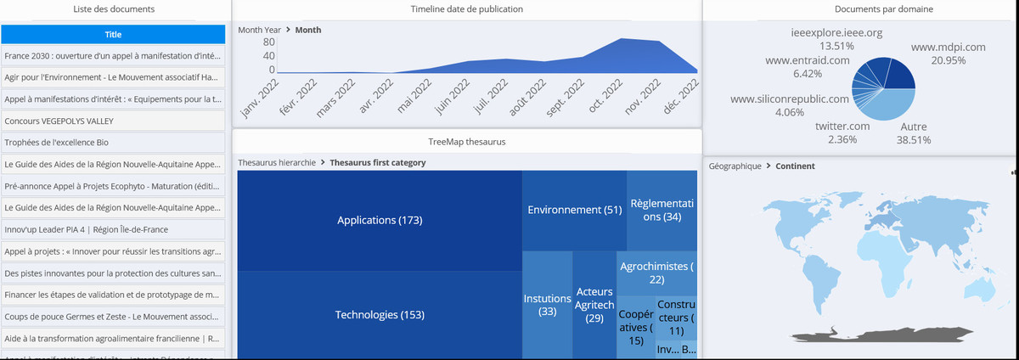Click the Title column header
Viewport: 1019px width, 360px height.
pyautogui.click(x=113, y=34)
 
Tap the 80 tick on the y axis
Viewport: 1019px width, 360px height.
pyautogui.click(x=268, y=42)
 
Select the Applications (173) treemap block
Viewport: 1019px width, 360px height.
pyautogui.click(x=380, y=221)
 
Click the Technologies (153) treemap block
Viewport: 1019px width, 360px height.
pyautogui.click(x=380, y=315)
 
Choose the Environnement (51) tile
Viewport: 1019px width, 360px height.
pyautogui.click(x=574, y=210)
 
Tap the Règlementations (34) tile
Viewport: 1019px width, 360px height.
pyautogui.click(x=662, y=210)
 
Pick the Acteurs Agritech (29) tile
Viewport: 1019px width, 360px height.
pyautogui.click(x=594, y=305)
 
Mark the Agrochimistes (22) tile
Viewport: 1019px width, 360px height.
pyautogui.click(x=656, y=273)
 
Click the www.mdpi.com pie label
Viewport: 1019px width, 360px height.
pyautogui.click(x=948, y=48)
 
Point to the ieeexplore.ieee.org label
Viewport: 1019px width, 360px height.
pyautogui.click(x=837, y=33)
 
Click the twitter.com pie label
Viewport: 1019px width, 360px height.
pyautogui.click(x=842, y=127)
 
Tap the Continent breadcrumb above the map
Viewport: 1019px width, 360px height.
pyautogui.click(x=795, y=166)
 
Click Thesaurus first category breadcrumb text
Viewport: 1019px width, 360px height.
pyautogui.click(x=378, y=162)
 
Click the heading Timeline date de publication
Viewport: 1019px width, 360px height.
pyautogui.click(x=466, y=9)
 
